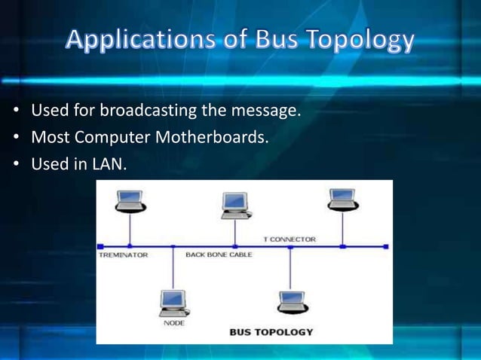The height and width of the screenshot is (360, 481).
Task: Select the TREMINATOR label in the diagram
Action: [124, 255]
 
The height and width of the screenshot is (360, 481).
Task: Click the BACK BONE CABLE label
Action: [219, 255]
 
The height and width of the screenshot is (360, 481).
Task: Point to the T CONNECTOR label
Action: [290, 239]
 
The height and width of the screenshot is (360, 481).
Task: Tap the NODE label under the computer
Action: [173, 322]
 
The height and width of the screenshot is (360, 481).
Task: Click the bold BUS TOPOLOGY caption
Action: [271, 331]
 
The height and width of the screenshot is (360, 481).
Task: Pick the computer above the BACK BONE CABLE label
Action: [235, 205]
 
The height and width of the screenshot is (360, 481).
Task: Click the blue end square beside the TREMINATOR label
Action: [100, 246]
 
